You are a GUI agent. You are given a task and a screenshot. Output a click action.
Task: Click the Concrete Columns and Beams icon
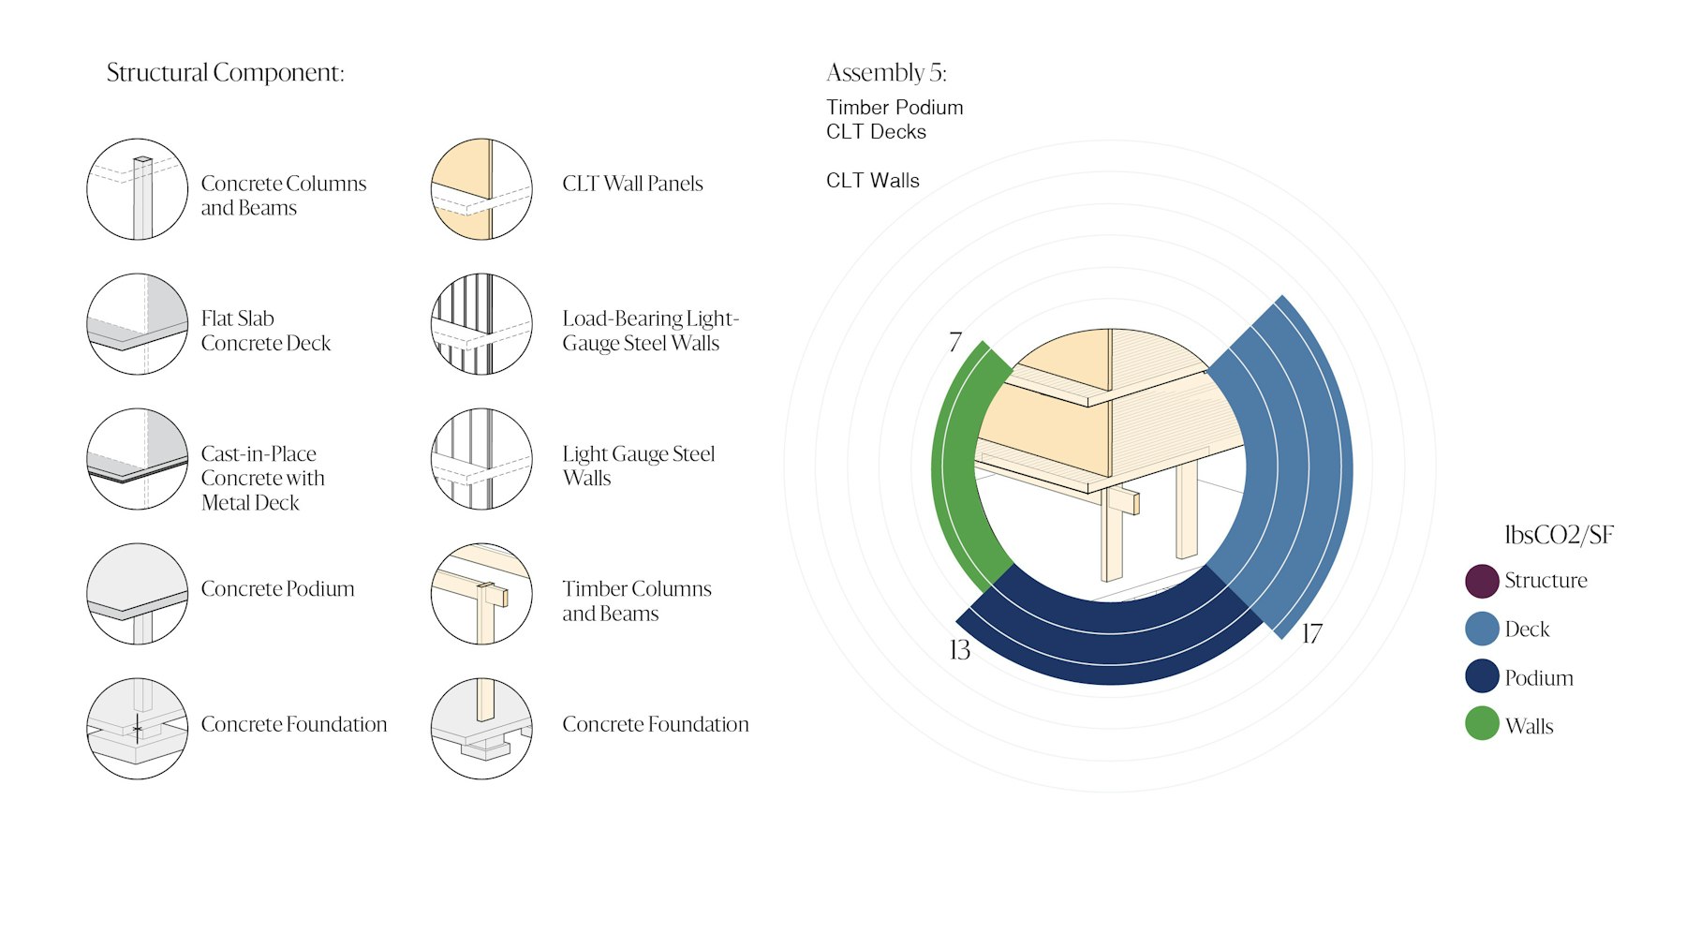(x=137, y=189)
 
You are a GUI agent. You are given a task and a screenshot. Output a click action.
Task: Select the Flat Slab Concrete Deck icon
(x=137, y=324)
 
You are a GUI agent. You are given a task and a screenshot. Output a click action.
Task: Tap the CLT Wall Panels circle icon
(x=481, y=189)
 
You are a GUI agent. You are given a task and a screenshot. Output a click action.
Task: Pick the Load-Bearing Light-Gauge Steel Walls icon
(x=481, y=324)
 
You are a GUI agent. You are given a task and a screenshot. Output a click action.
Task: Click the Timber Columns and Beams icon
(x=481, y=594)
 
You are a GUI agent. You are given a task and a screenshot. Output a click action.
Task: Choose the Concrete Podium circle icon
(x=137, y=594)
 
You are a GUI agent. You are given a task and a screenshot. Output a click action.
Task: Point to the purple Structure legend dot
(x=1482, y=581)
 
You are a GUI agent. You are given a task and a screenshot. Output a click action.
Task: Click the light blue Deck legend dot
(x=1482, y=629)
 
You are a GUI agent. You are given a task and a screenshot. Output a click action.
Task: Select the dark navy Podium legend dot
(x=1482, y=676)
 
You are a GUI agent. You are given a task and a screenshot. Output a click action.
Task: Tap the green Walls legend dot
(x=1482, y=724)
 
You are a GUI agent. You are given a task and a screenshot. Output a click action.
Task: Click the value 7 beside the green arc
(x=954, y=342)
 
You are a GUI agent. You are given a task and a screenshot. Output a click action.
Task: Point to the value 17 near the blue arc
(x=1311, y=634)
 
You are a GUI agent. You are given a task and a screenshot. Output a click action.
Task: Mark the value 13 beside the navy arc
(x=959, y=650)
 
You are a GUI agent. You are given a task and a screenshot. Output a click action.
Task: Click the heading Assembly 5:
(x=886, y=73)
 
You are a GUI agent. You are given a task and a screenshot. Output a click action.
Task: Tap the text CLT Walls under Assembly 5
(x=872, y=181)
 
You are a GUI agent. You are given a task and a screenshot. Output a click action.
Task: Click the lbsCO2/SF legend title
(x=1559, y=535)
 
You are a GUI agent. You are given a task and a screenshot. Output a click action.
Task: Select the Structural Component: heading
(x=225, y=73)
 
